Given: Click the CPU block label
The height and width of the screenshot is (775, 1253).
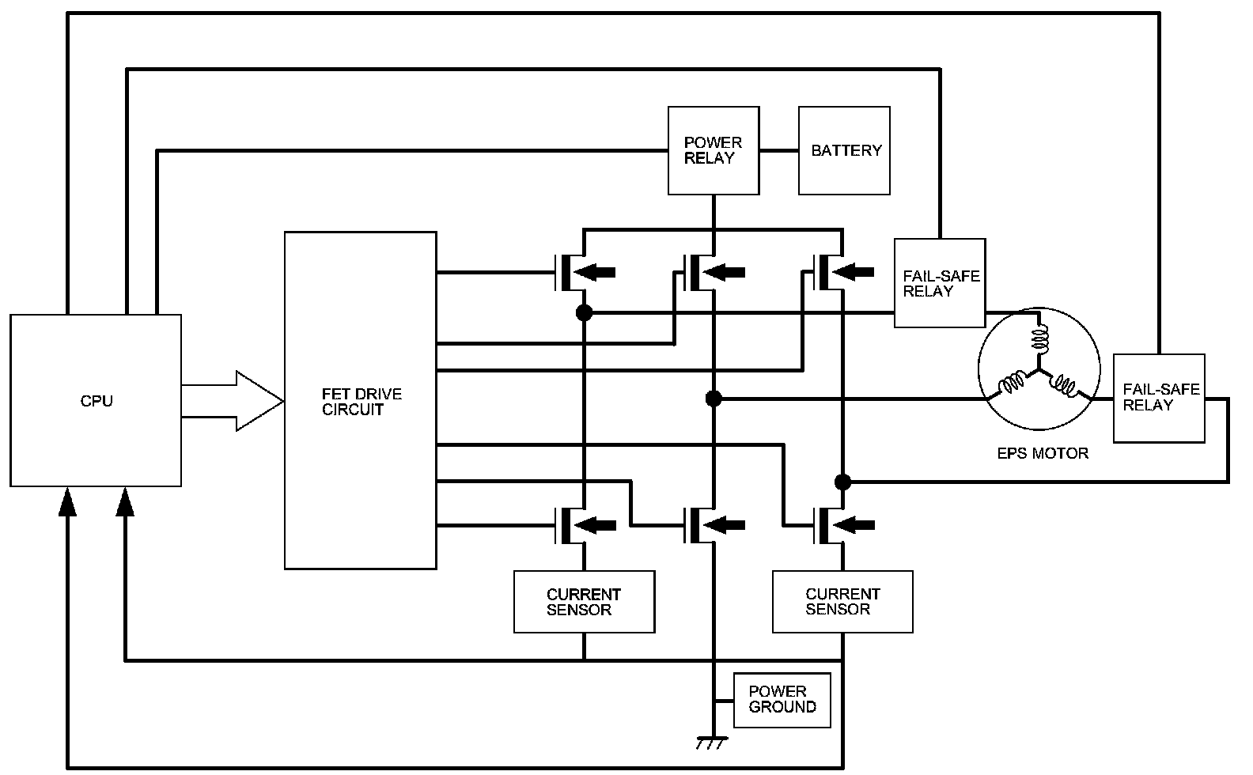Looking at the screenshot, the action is point(97,401).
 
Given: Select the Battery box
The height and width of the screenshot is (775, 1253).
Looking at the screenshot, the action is point(844,150).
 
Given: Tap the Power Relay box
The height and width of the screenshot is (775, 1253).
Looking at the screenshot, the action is point(714,150).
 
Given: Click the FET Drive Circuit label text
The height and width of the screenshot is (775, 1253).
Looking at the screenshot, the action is point(362,402).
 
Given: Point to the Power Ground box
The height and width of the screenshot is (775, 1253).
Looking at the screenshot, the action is point(782,700).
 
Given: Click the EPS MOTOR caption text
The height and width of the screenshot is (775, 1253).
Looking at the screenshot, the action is point(1043,453).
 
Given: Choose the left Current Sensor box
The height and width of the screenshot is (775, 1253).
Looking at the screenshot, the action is point(585,602).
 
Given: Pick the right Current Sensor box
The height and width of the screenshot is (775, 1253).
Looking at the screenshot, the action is point(843,602).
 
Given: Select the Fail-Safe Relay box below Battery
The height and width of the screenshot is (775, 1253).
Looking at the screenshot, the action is point(940,283).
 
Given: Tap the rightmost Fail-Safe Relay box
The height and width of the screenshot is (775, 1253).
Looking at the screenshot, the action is point(1159,398).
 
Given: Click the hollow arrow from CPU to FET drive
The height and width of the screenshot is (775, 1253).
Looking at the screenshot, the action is point(232,401).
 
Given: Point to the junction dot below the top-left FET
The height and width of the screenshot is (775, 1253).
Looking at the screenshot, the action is point(584,312).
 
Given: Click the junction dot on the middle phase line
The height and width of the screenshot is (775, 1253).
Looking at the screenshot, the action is point(714,399).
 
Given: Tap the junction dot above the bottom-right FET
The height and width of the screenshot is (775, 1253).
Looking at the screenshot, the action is point(843,482).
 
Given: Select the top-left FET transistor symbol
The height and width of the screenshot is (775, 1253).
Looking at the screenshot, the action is point(581,273).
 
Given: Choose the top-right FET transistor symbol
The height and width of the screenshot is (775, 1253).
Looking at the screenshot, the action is point(842,273).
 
